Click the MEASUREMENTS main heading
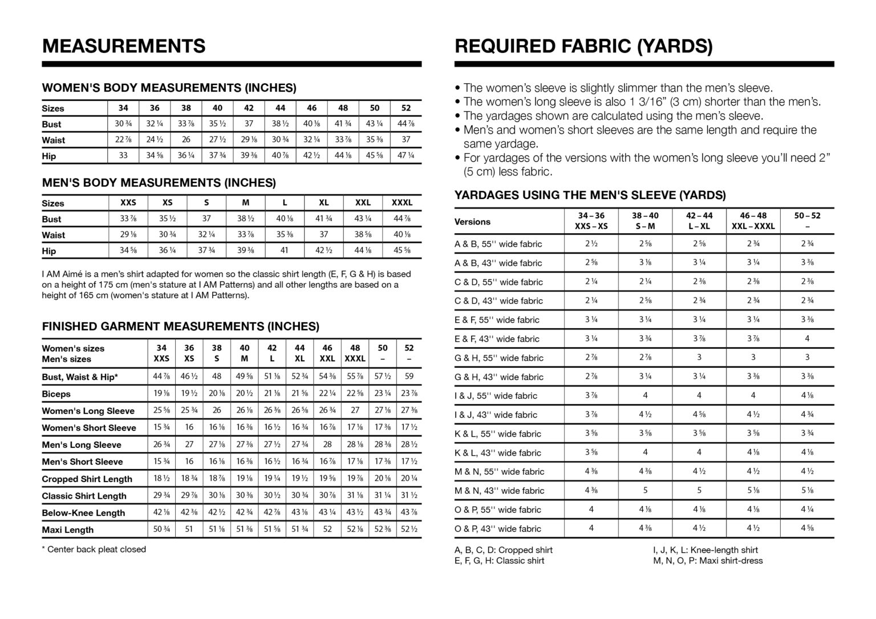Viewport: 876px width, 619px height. tap(124, 46)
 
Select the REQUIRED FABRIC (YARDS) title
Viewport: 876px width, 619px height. tap(583, 46)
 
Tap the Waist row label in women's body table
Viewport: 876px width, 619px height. tap(54, 140)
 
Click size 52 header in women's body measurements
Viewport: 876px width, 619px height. tap(405, 108)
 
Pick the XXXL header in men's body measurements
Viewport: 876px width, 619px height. tap(401, 202)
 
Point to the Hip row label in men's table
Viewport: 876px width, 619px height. tap(49, 251)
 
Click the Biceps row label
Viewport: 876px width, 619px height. tap(56, 394)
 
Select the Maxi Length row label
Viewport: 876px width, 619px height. tap(67, 530)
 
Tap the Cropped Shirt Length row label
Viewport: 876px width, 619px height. tap(87, 479)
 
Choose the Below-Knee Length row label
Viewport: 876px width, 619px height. tap(83, 512)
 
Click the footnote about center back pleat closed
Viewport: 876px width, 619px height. tap(94, 549)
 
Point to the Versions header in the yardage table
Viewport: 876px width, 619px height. tap(472, 222)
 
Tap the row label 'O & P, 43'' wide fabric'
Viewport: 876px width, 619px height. tap(497, 528)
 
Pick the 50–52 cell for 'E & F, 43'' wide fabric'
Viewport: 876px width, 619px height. tap(807, 339)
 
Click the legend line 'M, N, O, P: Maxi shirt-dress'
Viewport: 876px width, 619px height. tap(707, 560)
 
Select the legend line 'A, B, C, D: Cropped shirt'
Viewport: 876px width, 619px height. tap(504, 550)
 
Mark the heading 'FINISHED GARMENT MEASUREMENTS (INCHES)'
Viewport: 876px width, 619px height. tap(180, 327)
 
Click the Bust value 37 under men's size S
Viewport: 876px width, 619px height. tap(206, 218)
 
